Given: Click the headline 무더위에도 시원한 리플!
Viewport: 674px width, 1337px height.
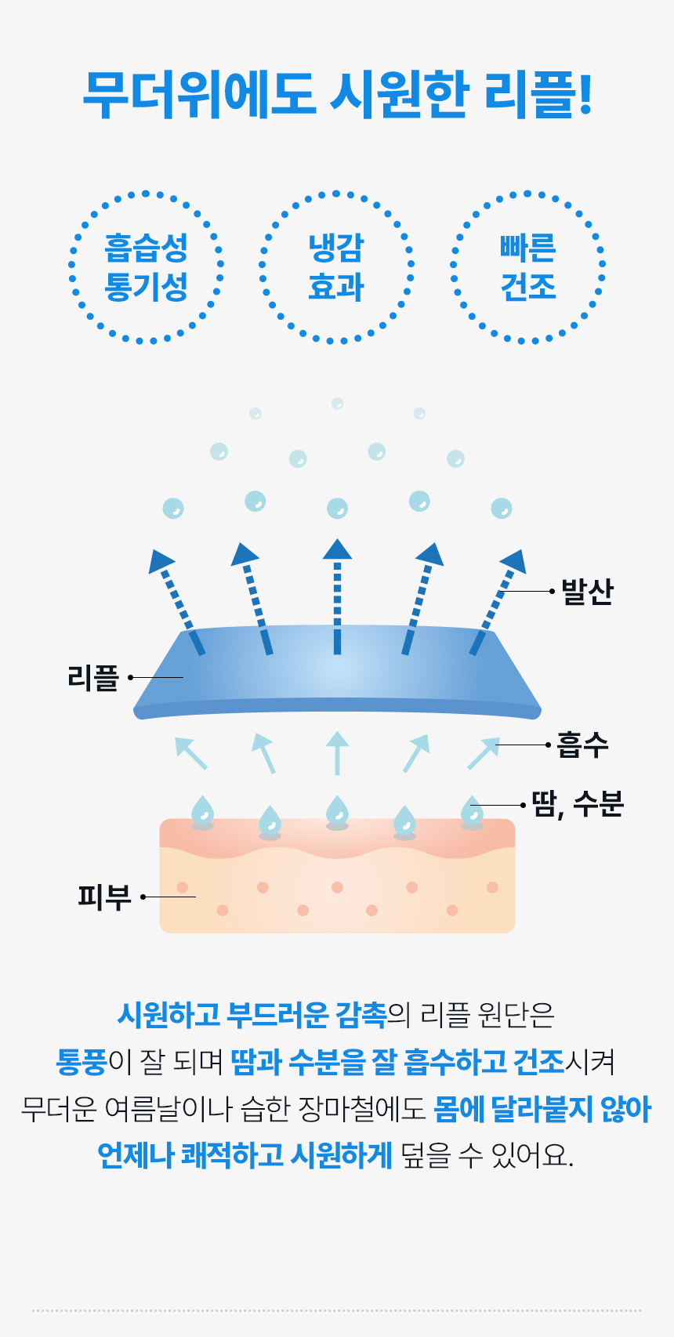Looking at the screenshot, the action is (337, 95).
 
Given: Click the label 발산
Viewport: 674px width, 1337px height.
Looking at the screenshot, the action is (588, 592).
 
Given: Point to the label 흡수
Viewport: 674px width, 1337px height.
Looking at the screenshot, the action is (582, 745).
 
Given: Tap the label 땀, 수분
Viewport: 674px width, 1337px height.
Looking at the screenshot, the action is (578, 804).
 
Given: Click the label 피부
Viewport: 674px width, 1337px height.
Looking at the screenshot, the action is (104, 897).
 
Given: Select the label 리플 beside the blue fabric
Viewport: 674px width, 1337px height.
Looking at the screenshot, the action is (93, 677).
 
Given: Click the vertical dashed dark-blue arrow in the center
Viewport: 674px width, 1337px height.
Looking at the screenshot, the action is (337, 597).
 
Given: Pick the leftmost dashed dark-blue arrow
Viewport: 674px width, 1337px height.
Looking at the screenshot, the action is (176, 602).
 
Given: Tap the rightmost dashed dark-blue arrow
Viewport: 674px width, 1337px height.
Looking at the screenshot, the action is (498, 602).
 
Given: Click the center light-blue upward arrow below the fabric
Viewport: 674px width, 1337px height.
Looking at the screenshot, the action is (337, 753).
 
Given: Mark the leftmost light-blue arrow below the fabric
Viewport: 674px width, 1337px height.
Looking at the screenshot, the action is (191, 753).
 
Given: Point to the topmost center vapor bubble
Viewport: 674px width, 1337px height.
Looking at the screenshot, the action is (337, 404).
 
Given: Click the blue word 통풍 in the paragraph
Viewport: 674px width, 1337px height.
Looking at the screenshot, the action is (82, 1062).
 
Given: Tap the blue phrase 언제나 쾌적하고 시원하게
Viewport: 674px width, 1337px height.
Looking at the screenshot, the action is (245, 1155).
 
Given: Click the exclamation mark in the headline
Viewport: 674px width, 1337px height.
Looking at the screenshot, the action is (585, 93).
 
